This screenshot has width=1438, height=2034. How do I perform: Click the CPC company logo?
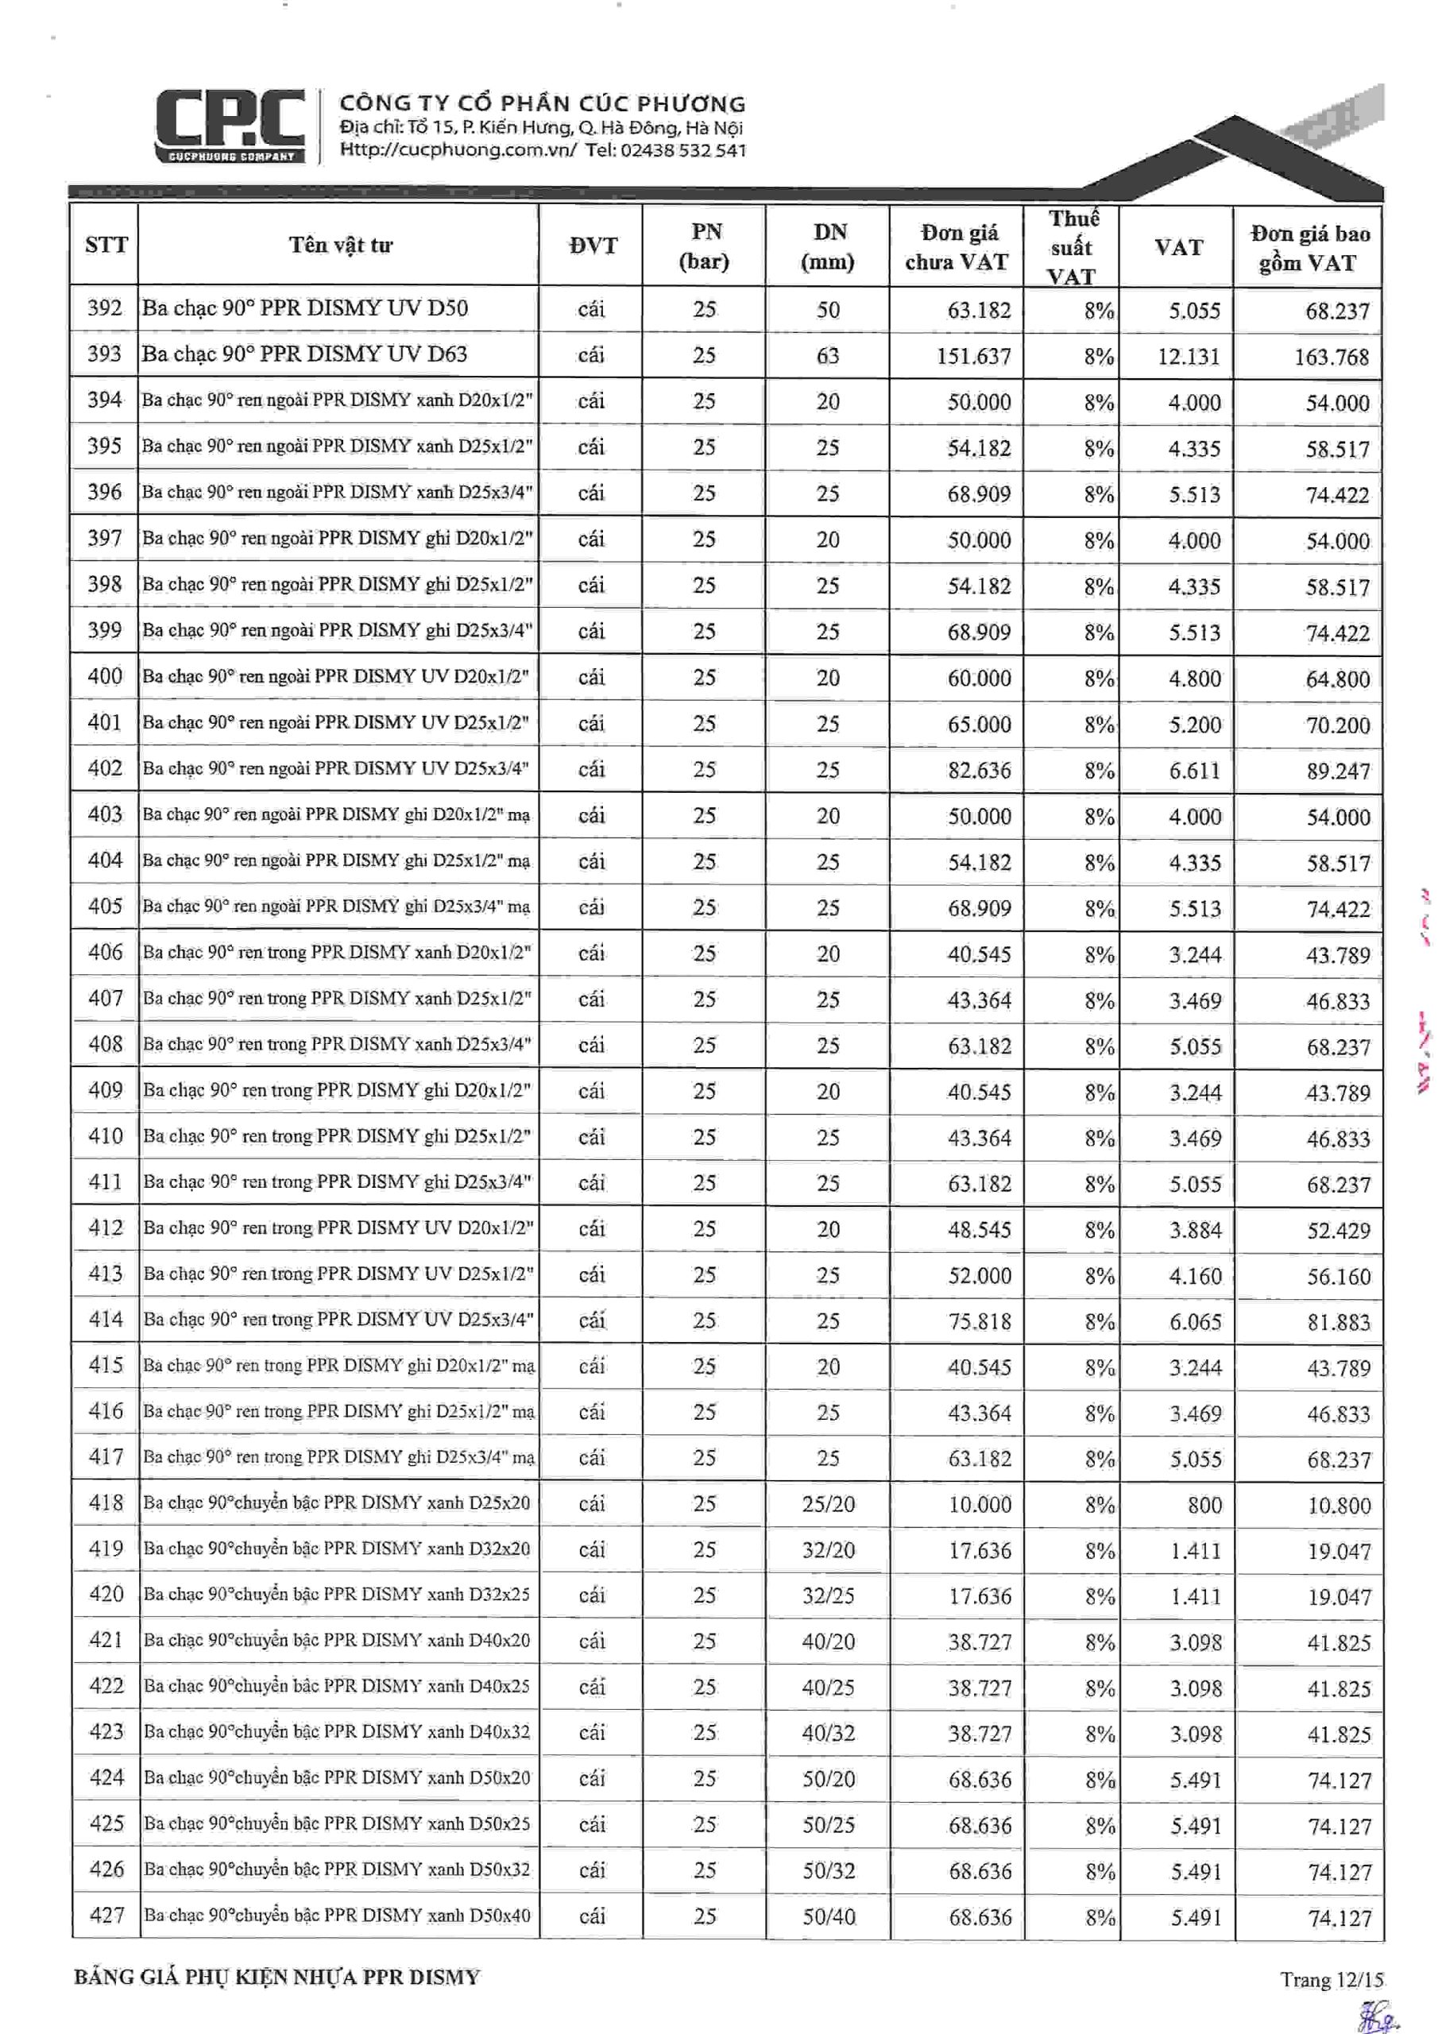click(x=230, y=126)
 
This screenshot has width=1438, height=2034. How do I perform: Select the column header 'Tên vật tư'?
click(x=340, y=246)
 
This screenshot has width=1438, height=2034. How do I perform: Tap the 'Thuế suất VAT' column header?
click(x=1073, y=247)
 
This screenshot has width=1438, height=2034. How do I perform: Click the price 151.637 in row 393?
click(x=973, y=356)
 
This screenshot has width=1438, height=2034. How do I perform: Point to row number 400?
click(x=105, y=677)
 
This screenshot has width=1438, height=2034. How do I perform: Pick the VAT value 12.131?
click(x=1189, y=356)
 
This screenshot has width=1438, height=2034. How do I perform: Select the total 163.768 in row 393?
click(x=1331, y=357)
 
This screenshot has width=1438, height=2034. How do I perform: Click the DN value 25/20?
click(x=829, y=1504)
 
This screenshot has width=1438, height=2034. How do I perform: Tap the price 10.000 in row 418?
click(x=979, y=1505)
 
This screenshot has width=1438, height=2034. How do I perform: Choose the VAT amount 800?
click(x=1204, y=1505)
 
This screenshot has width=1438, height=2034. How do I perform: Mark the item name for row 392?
click(x=305, y=308)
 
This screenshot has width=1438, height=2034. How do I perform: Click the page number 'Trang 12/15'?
click(x=1331, y=1979)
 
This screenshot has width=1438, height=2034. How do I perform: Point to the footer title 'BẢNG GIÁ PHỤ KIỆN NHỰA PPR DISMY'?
click(x=276, y=1978)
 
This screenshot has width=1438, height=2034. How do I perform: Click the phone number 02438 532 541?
click(x=683, y=151)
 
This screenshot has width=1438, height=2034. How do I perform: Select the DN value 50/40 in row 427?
click(x=829, y=1917)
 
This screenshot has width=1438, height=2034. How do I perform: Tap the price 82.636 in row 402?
click(x=979, y=771)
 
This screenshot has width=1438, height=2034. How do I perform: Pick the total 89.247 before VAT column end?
click(x=1338, y=771)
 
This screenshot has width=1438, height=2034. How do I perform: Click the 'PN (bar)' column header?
click(x=705, y=246)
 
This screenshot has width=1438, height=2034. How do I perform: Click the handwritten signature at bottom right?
click(x=1378, y=2014)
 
